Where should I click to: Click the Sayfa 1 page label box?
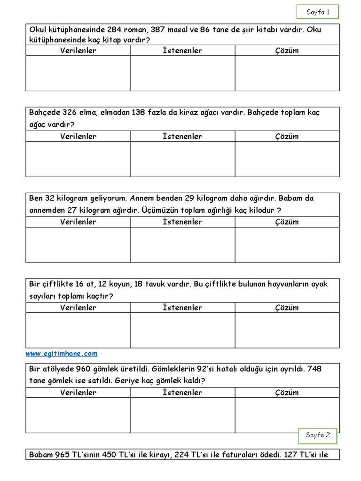pos(318,12)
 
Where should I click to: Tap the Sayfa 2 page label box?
pos(318,435)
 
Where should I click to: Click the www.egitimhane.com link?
pos(62,353)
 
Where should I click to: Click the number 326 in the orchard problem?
pos(69,113)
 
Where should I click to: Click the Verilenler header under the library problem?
pos(78,51)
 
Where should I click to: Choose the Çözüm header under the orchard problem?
pos(287,137)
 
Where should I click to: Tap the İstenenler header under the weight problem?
pos(182,222)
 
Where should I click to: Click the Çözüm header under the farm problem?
pos(287,308)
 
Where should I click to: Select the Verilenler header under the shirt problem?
pos(78,393)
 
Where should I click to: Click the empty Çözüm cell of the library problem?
pos(287,73)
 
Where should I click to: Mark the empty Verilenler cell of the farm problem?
pos(78,330)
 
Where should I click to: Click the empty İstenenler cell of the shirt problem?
pos(182,415)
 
